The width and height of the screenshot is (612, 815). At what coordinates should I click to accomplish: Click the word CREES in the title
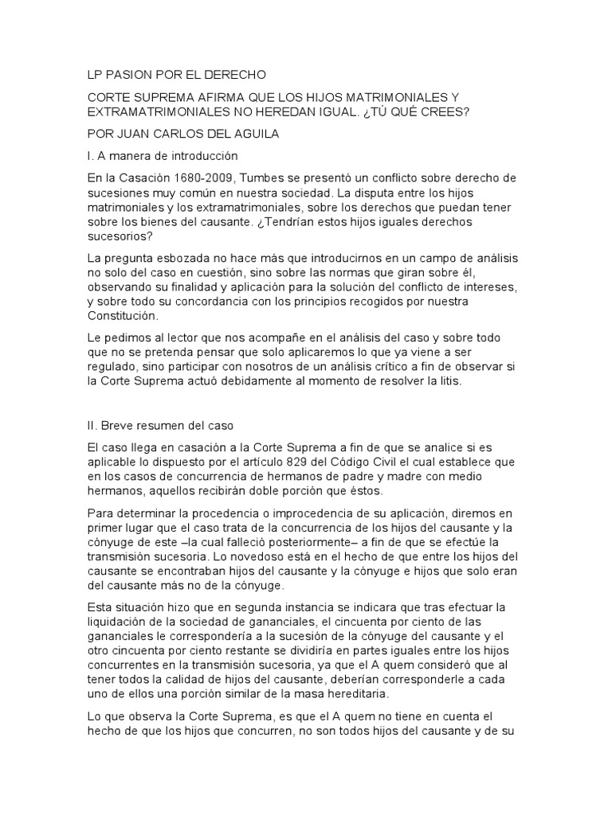click(x=449, y=111)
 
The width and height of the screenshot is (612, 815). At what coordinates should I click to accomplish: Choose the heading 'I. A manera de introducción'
click(x=163, y=156)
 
